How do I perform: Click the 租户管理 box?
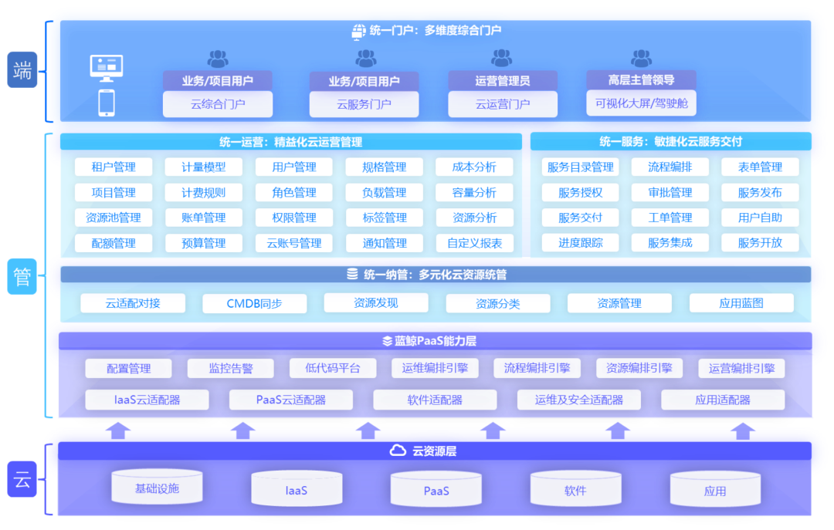(x=114, y=167)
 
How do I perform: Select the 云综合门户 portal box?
(x=217, y=104)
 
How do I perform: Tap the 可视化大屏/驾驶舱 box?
(x=641, y=103)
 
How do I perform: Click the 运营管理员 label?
(x=503, y=80)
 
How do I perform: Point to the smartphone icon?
(x=107, y=103)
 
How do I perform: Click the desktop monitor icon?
(x=107, y=69)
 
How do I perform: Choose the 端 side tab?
(x=22, y=70)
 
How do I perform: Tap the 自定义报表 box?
(x=474, y=243)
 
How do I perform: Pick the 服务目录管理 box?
(x=581, y=167)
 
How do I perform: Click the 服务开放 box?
(x=760, y=243)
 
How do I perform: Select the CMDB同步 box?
(x=254, y=304)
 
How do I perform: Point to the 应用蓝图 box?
(x=741, y=303)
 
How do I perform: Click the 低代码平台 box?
(x=333, y=369)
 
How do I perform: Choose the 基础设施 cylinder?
(x=157, y=488)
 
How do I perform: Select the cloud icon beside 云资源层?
(x=398, y=451)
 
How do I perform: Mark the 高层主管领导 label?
(x=641, y=79)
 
